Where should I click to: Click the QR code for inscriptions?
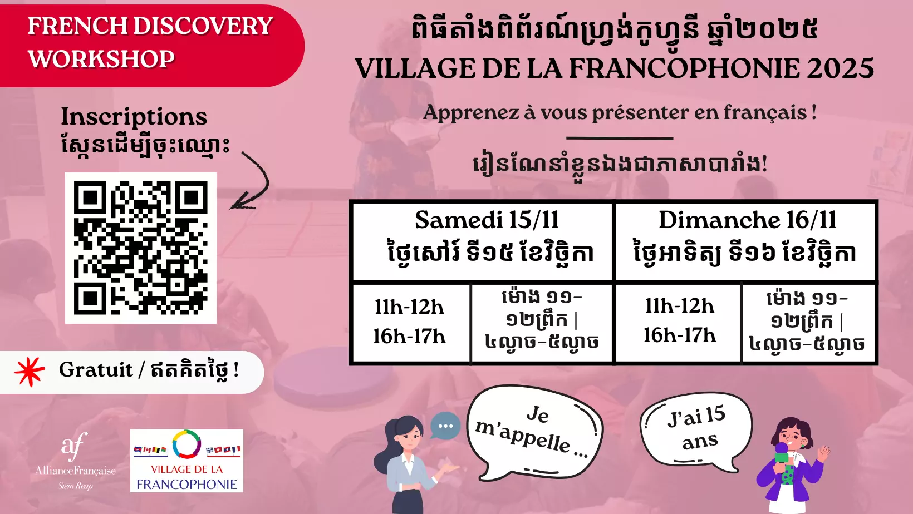141,248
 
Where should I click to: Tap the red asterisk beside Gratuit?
29,372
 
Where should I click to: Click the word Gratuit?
96,370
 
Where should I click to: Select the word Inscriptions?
134,117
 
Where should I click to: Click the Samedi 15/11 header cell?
483,241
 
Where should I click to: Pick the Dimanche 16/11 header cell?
745,241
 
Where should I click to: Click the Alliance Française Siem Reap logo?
75,461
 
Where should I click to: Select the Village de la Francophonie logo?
186,461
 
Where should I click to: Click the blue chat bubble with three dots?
445,426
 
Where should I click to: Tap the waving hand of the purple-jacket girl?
824,452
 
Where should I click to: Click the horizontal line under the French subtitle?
620,139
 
